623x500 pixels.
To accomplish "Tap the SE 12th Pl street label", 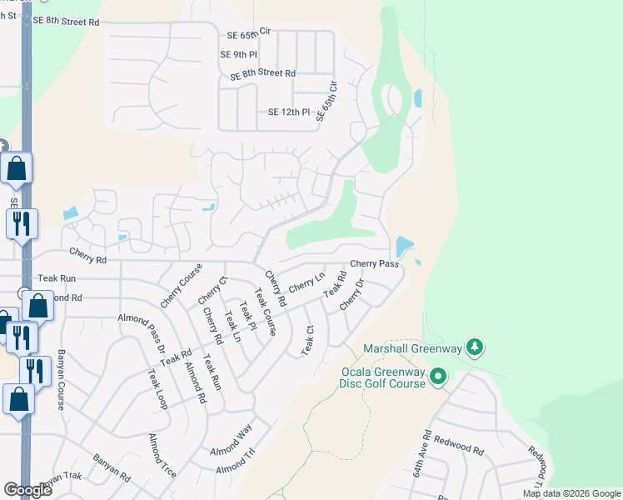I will coord(288,112).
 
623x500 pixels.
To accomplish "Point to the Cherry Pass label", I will coord(374,264).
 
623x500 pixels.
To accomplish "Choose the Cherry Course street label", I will coord(182,286).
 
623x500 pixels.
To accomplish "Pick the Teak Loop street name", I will coord(157,390).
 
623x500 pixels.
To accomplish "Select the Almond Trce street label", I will coord(162,454).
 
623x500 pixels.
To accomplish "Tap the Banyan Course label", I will coord(61,380).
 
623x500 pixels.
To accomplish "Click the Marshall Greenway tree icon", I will coord(475,346).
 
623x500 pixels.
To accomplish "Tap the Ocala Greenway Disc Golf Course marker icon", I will coord(439,378).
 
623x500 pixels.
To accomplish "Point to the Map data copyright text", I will coord(571,493).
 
